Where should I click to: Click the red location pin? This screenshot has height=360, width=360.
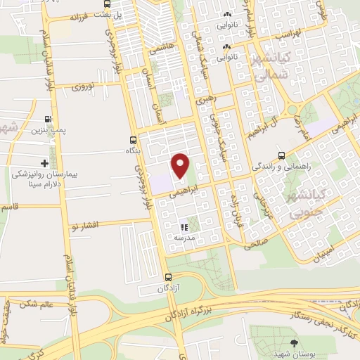(x=181, y=166)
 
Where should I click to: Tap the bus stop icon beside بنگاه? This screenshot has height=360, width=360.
(x=133, y=139)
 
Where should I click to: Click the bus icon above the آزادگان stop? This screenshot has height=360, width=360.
(x=167, y=277)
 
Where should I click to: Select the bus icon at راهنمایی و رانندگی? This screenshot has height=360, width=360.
(x=281, y=155)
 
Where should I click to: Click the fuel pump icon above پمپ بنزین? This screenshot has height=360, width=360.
(x=48, y=119)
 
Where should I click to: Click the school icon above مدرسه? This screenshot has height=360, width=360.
(x=184, y=227)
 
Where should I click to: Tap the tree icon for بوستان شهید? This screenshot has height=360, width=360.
(x=294, y=342)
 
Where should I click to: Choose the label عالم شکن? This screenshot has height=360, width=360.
(x=38, y=304)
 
